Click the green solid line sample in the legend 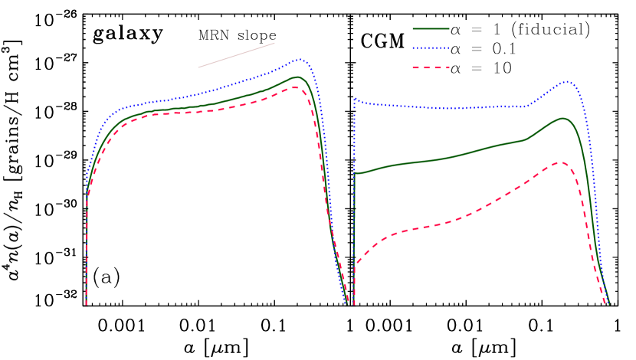[431, 29]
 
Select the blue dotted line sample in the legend [431, 48]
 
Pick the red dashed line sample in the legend [431, 67]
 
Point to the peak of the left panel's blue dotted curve [300, 59]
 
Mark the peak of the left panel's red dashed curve [295, 87]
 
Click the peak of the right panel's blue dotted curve [566, 81]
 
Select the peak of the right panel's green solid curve [563, 118]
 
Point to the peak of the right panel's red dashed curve [562, 162]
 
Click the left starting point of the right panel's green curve [355, 174]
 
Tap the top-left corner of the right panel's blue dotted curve [355, 99]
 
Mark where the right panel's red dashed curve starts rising [356, 263]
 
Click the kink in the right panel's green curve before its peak [526, 139]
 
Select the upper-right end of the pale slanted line [274, 43]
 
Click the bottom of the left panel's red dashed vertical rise [86, 303]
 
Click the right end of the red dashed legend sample [448, 67]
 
